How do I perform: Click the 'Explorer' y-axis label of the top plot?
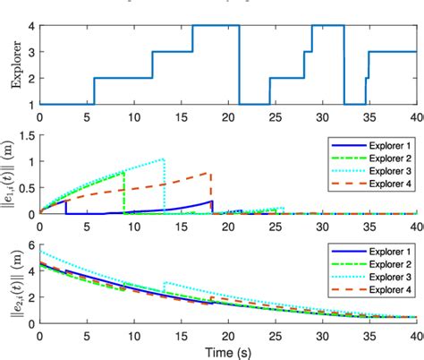click(13, 64)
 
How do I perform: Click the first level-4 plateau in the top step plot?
click(216, 26)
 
